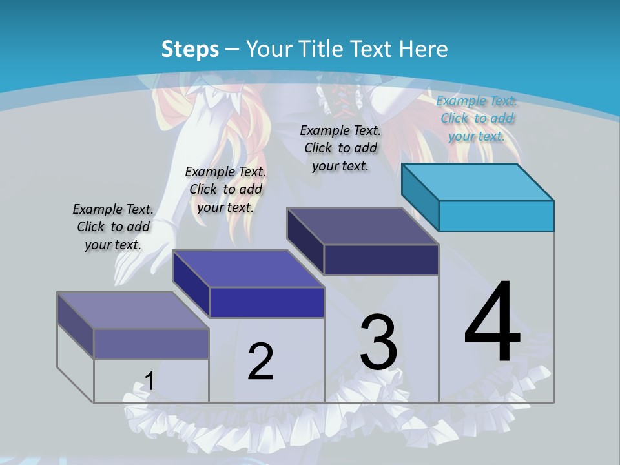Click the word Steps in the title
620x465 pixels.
point(190,49)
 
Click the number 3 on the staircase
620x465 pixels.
point(378,342)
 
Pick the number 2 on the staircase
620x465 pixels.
point(260,362)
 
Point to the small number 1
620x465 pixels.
point(149,382)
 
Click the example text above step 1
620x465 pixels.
point(113,227)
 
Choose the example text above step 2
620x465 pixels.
point(225,189)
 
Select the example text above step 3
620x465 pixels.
point(340,148)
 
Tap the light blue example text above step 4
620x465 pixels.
point(477,118)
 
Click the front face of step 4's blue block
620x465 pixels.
point(496,216)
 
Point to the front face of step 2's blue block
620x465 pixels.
point(267,302)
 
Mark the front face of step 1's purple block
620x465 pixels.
point(151,344)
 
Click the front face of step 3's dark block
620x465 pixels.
point(381,260)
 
